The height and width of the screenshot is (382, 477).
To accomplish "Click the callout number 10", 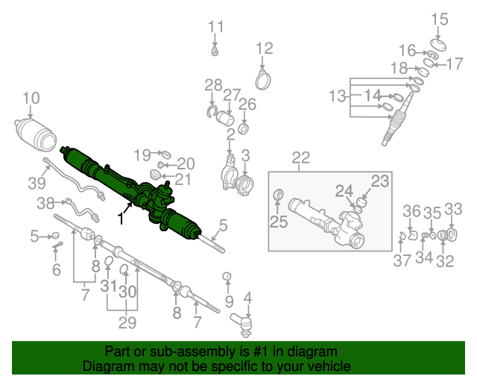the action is click(31, 97).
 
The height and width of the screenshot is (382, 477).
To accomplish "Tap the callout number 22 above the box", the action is click(300, 157).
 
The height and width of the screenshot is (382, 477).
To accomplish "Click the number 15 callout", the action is click(440, 19).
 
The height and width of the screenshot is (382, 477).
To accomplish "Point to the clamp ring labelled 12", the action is click(262, 81).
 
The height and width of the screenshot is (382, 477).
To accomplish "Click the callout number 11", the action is click(215, 28).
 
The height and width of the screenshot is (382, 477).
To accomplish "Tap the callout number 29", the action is click(128, 323).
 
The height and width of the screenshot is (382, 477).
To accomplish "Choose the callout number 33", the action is click(454, 209).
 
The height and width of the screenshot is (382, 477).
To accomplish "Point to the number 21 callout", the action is click(183, 179).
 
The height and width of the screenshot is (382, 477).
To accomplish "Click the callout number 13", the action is click(338, 95).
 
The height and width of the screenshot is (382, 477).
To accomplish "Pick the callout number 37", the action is click(402, 260).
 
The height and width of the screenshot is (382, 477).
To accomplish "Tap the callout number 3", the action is click(246, 155).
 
